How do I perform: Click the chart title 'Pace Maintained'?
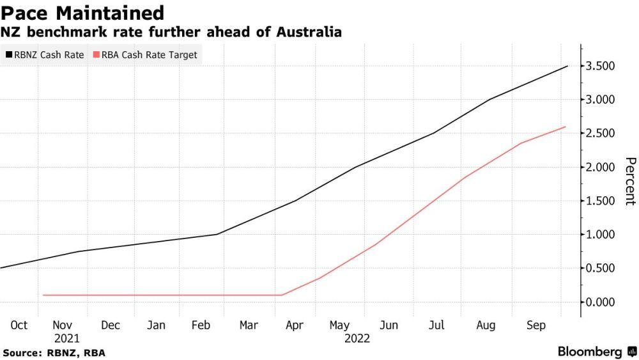click(x=83, y=13)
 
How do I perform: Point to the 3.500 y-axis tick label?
click(x=601, y=66)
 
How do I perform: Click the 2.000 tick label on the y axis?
click(x=601, y=167)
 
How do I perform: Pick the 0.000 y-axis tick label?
click(x=601, y=302)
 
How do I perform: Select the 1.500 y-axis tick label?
click(x=601, y=201)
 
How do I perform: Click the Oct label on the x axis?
click(x=19, y=325)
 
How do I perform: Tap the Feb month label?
click(x=201, y=325)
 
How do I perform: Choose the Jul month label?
click(x=436, y=325)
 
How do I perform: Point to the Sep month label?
click(x=536, y=325)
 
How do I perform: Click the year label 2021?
click(x=67, y=338)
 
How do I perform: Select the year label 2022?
click(x=357, y=338)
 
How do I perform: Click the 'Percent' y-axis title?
click(x=630, y=181)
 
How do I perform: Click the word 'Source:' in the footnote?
click(x=22, y=353)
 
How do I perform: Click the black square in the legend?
click(x=8, y=55)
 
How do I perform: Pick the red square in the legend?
click(x=96, y=55)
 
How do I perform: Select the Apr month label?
click(x=295, y=325)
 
